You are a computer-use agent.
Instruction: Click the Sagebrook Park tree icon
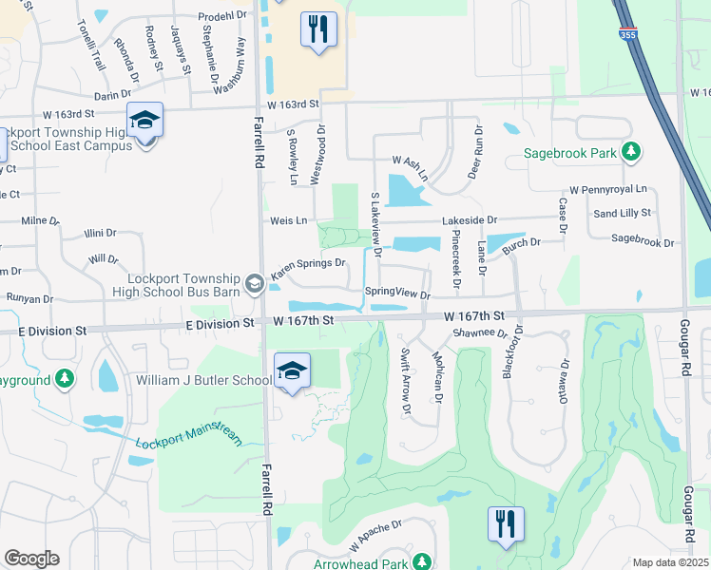coord(629,152)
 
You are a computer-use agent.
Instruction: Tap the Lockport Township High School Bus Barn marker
coord(254,283)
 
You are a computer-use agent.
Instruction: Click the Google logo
coord(31,558)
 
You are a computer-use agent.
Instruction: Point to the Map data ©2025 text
coord(670,562)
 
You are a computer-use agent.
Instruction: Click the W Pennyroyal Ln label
coord(607,190)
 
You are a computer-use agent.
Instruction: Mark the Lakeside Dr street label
coord(469,219)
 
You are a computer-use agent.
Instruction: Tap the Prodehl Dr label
coord(221,16)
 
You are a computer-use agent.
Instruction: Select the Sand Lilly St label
coord(622,213)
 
